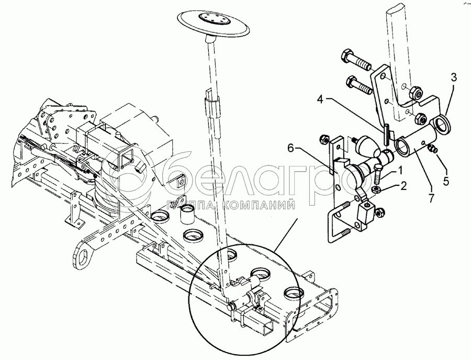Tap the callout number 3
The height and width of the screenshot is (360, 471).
[454, 76]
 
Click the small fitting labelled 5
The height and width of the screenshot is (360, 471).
[433, 150]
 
